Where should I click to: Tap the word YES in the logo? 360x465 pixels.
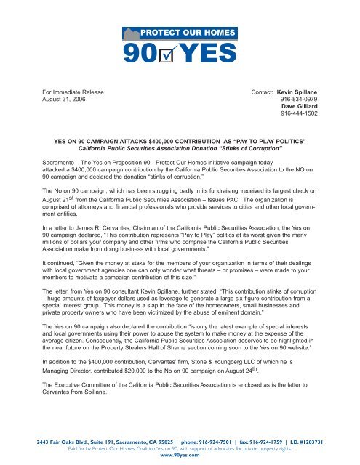[207, 52]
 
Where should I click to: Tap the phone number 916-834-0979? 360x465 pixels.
[305, 102]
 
